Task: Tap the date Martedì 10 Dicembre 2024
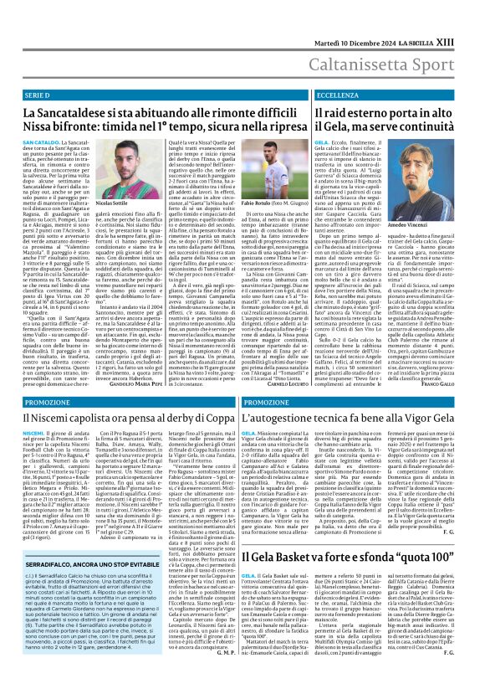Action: coord(362,12)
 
